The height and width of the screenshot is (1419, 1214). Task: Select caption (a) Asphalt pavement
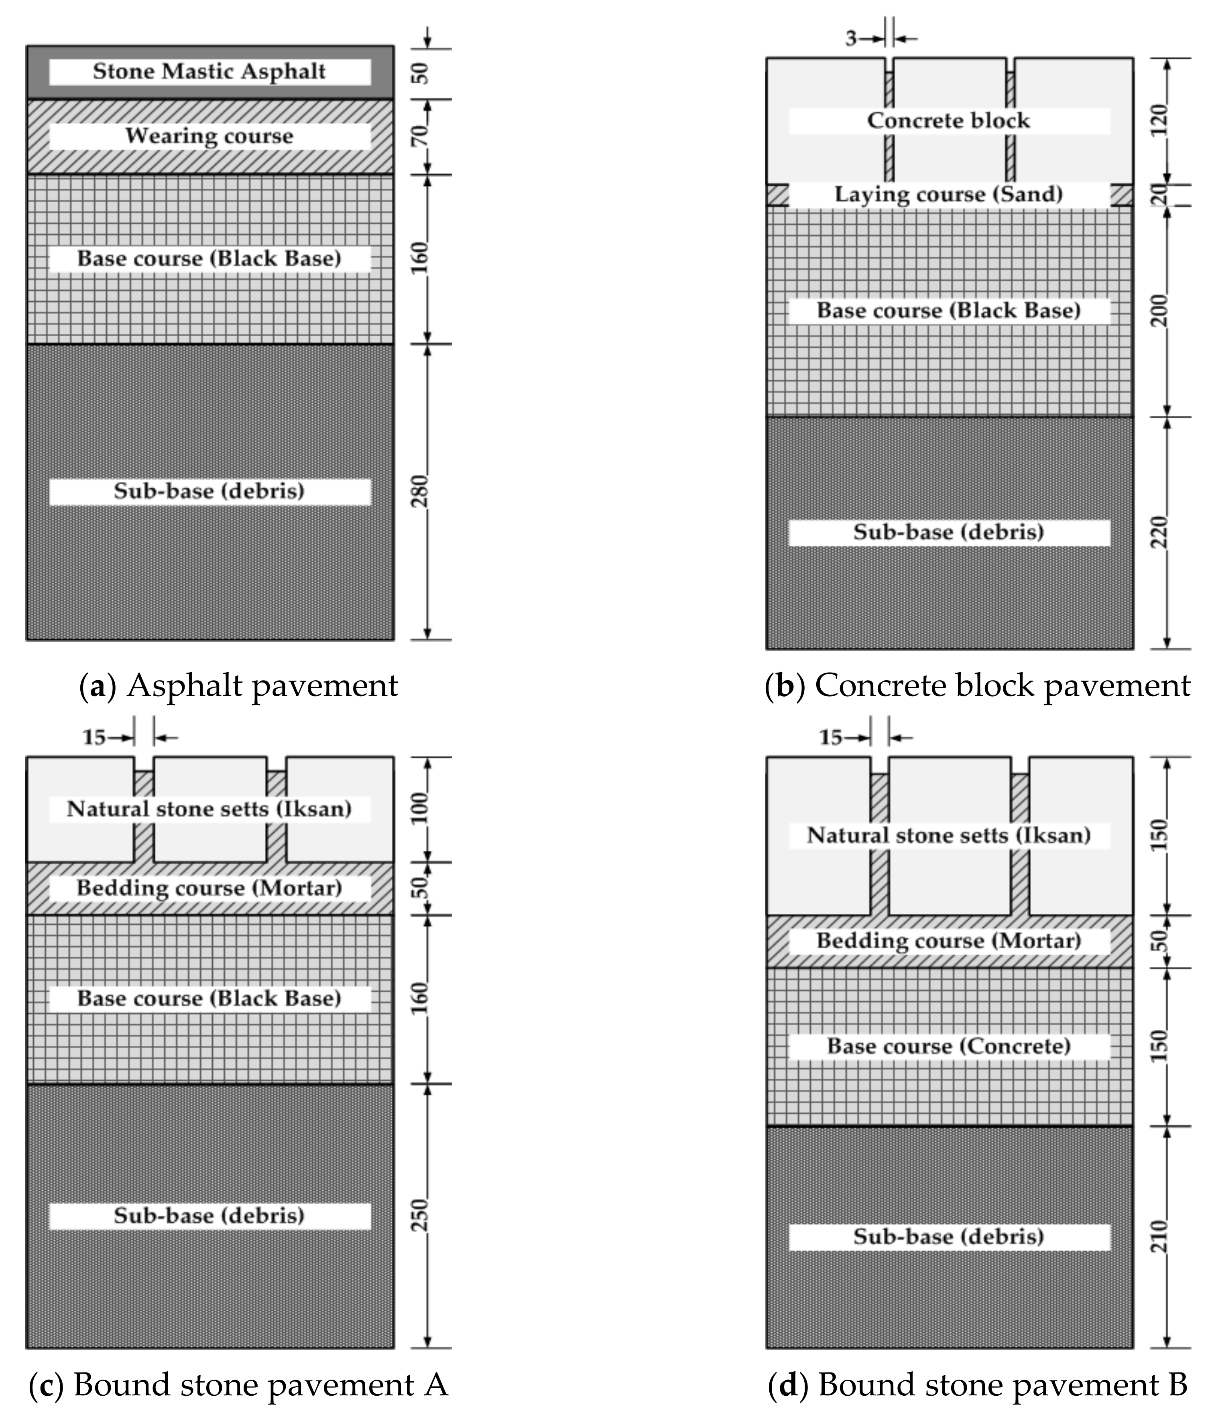(239, 685)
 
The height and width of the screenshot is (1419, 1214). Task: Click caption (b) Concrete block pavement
(978, 685)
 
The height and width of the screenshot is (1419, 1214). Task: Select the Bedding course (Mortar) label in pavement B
(948, 940)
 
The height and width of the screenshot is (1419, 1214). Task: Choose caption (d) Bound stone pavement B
(978, 1385)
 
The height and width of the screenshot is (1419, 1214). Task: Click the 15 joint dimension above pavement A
(94, 738)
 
